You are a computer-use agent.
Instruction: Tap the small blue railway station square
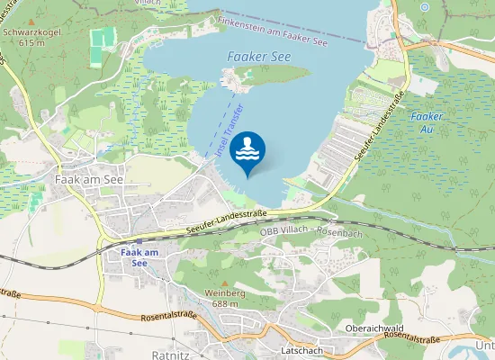tap(139, 241)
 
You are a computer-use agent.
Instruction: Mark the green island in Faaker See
tap(261, 76)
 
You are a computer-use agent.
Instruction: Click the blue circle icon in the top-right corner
tap(424, 6)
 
